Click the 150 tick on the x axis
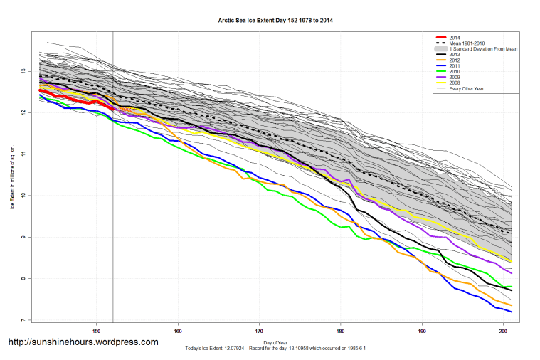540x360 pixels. (97, 331)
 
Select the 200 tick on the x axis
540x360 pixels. (504, 331)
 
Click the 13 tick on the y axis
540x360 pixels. (23, 71)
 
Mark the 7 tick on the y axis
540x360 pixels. (23, 320)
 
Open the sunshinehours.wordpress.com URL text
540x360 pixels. (83, 342)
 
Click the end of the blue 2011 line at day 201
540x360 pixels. (512, 312)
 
